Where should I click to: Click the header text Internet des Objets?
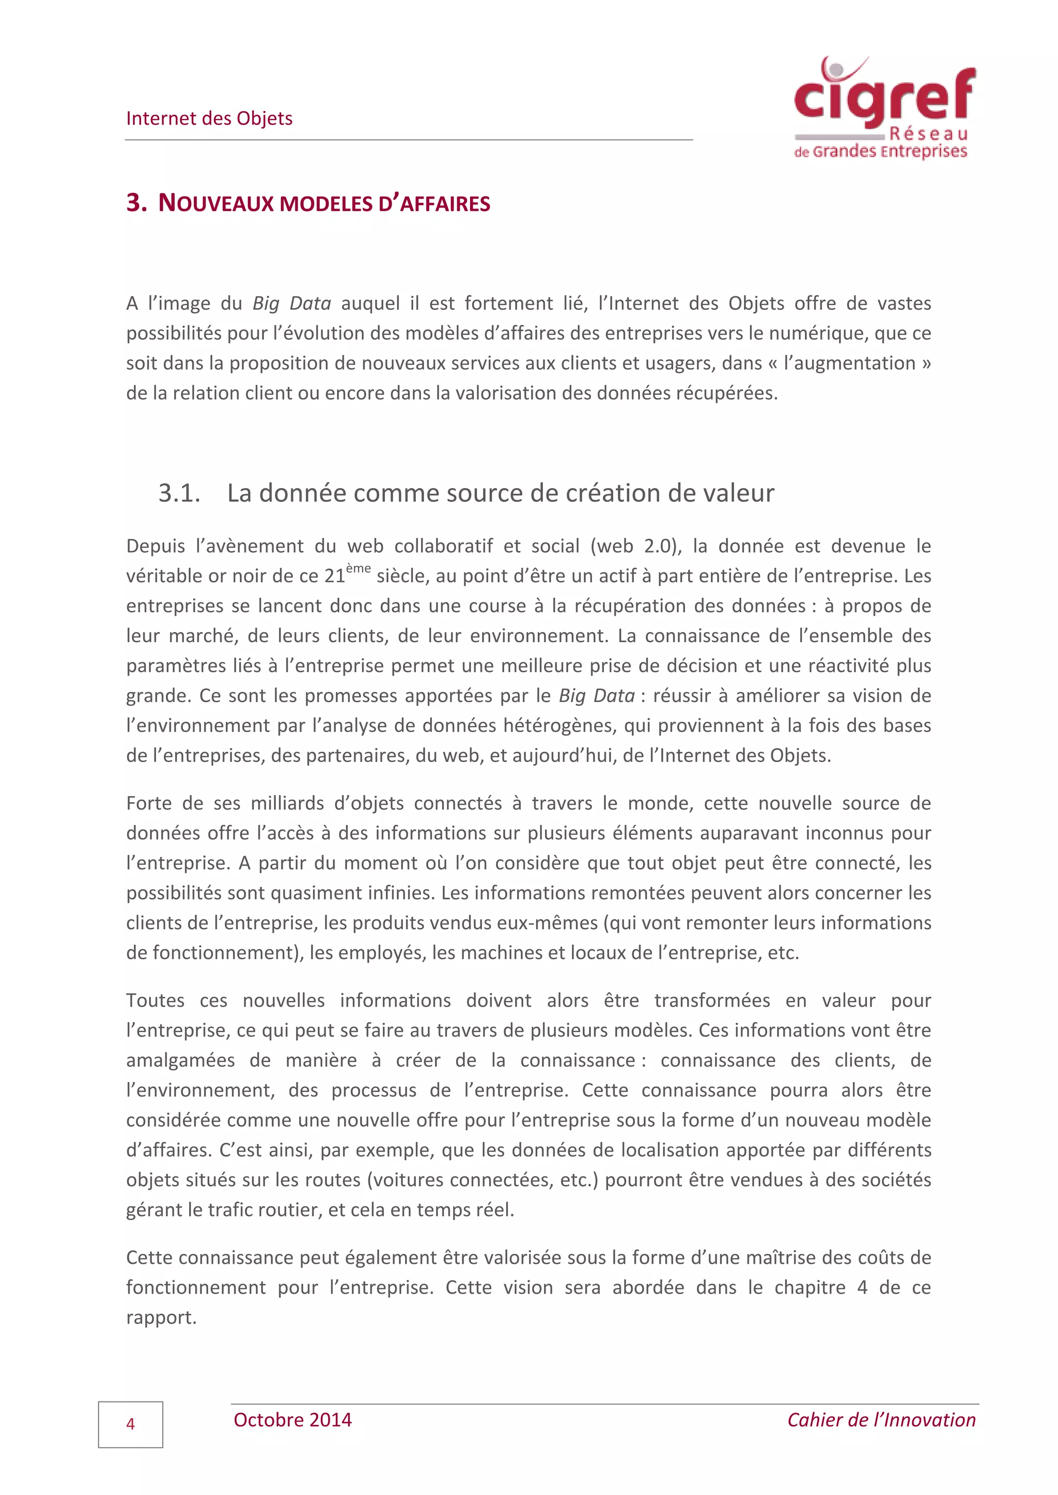(209, 119)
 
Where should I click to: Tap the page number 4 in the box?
(130, 1424)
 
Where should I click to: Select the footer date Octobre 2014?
(292, 1420)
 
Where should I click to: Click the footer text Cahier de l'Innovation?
(881, 1420)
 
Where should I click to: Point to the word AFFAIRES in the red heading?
(445, 204)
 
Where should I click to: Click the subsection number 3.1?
(179, 493)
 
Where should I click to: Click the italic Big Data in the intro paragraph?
(292, 304)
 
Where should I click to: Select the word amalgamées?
(180, 1060)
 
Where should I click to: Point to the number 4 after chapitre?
(862, 1287)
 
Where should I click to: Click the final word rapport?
(161, 1318)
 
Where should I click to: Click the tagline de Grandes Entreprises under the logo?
(880, 152)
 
